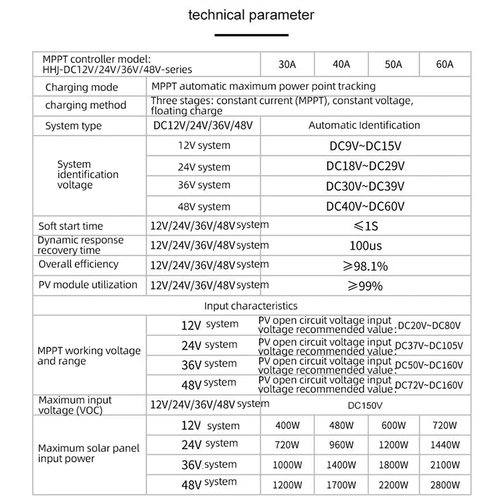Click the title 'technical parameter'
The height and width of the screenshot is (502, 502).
click(251, 15)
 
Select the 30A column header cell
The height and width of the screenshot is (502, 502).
click(287, 65)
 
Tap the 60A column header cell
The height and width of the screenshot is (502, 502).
click(444, 65)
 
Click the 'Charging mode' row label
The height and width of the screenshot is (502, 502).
click(82, 88)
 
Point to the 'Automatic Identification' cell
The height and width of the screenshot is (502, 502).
click(364, 125)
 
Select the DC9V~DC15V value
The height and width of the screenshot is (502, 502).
click(365, 146)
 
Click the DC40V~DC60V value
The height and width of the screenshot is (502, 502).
click(365, 207)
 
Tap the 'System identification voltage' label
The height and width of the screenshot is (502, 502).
click(88, 174)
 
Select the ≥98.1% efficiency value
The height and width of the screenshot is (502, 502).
click(365, 266)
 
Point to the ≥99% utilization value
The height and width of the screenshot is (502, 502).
click(365, 286)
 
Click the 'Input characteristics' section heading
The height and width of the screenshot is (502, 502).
click(250, 306)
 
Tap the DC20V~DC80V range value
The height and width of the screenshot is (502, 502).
click(429, 326)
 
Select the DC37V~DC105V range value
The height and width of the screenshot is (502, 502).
click(429, 346)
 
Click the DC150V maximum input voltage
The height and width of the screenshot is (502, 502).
click(365, 405)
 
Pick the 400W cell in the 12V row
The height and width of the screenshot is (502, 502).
click(287, 426)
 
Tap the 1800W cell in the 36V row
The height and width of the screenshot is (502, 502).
click(392, 465)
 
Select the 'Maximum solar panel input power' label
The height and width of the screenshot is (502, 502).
click(88, 453)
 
